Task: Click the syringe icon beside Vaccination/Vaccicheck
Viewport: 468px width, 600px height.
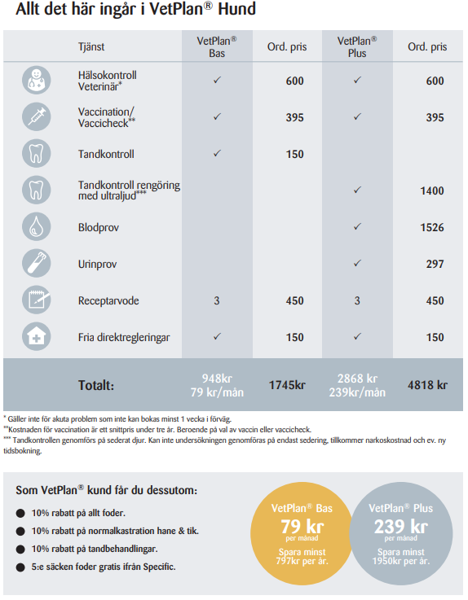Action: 37,116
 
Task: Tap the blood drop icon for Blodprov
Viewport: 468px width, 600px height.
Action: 37,226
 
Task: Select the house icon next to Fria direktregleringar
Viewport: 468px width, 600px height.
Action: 37,337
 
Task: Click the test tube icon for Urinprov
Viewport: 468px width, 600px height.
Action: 37,263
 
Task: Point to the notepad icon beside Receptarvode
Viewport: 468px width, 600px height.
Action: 37,300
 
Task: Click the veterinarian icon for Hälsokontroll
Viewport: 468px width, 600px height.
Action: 37,80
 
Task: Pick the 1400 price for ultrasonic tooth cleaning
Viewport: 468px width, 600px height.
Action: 432,191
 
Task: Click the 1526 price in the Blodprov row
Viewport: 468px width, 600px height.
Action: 432,227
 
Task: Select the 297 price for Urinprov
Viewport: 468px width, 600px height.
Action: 435,264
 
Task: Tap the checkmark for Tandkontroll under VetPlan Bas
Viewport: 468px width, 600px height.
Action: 217,153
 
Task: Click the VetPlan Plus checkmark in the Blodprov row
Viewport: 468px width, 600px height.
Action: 357,226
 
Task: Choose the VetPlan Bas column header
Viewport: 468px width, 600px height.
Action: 217,46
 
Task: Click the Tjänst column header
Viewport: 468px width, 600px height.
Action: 91,46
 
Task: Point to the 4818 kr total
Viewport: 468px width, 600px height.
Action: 427,385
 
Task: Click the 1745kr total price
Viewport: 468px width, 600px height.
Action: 287,385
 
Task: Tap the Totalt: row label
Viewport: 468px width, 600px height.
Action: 96,385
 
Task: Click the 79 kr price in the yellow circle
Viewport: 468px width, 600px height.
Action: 302,527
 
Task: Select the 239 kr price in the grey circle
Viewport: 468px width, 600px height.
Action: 401,527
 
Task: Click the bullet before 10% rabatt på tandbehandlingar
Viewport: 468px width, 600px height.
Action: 20,549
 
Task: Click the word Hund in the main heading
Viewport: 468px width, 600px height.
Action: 237,9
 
